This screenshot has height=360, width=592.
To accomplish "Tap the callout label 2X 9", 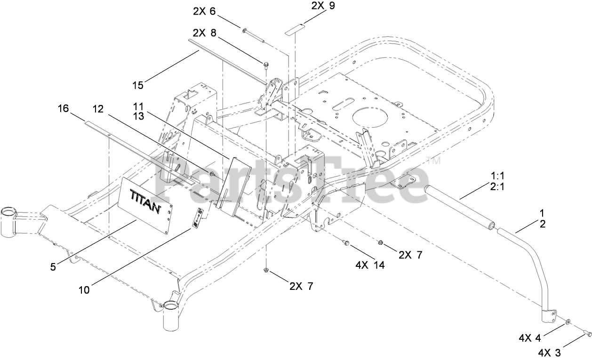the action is point(323,7).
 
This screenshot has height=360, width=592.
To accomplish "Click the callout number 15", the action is point(138,85).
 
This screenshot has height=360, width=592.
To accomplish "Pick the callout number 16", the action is point(63,109).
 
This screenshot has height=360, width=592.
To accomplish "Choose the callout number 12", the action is point(98,109).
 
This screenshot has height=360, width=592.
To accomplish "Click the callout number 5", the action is point(53,267).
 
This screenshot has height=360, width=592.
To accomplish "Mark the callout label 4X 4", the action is point(532,337).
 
